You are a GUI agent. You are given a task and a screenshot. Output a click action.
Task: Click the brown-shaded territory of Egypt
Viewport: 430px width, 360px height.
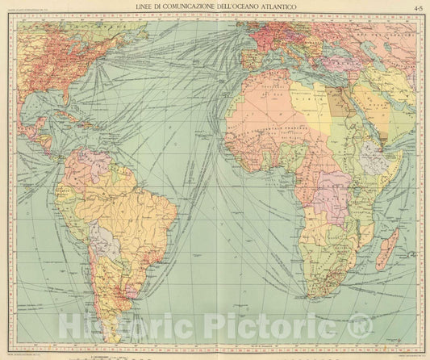point(337,101)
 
